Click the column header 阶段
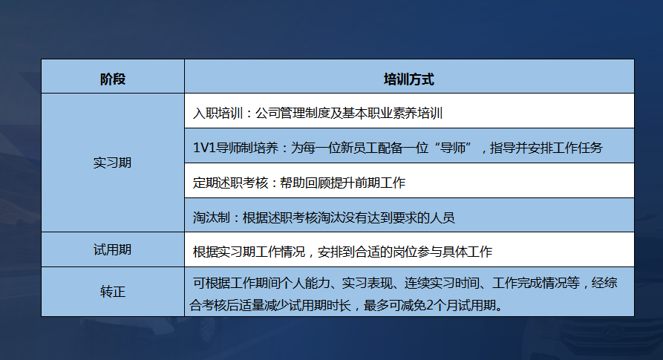[x=113, y=79]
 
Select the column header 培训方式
[x=408, y=79]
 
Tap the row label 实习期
[x=113, y=162]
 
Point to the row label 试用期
[x=113, y=249]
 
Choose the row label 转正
[x=113, y=291]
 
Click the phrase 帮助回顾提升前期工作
[x=342, y=183]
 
